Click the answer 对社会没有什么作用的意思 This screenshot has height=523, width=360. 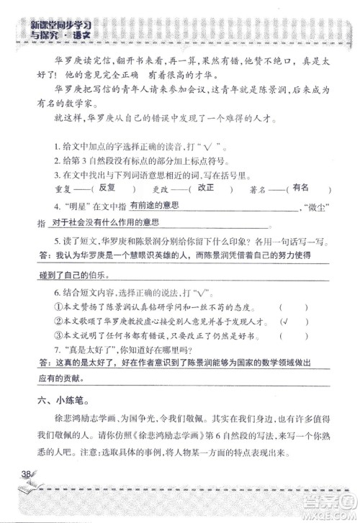[102, 224]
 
